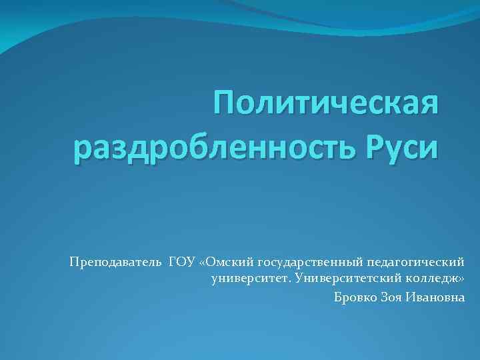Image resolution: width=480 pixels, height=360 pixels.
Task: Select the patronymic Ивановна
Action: (438, 297)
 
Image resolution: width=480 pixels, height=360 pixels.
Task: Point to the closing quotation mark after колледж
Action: (461, 279)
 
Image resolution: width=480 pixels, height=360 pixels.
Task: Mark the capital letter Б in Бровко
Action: (338, 297)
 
